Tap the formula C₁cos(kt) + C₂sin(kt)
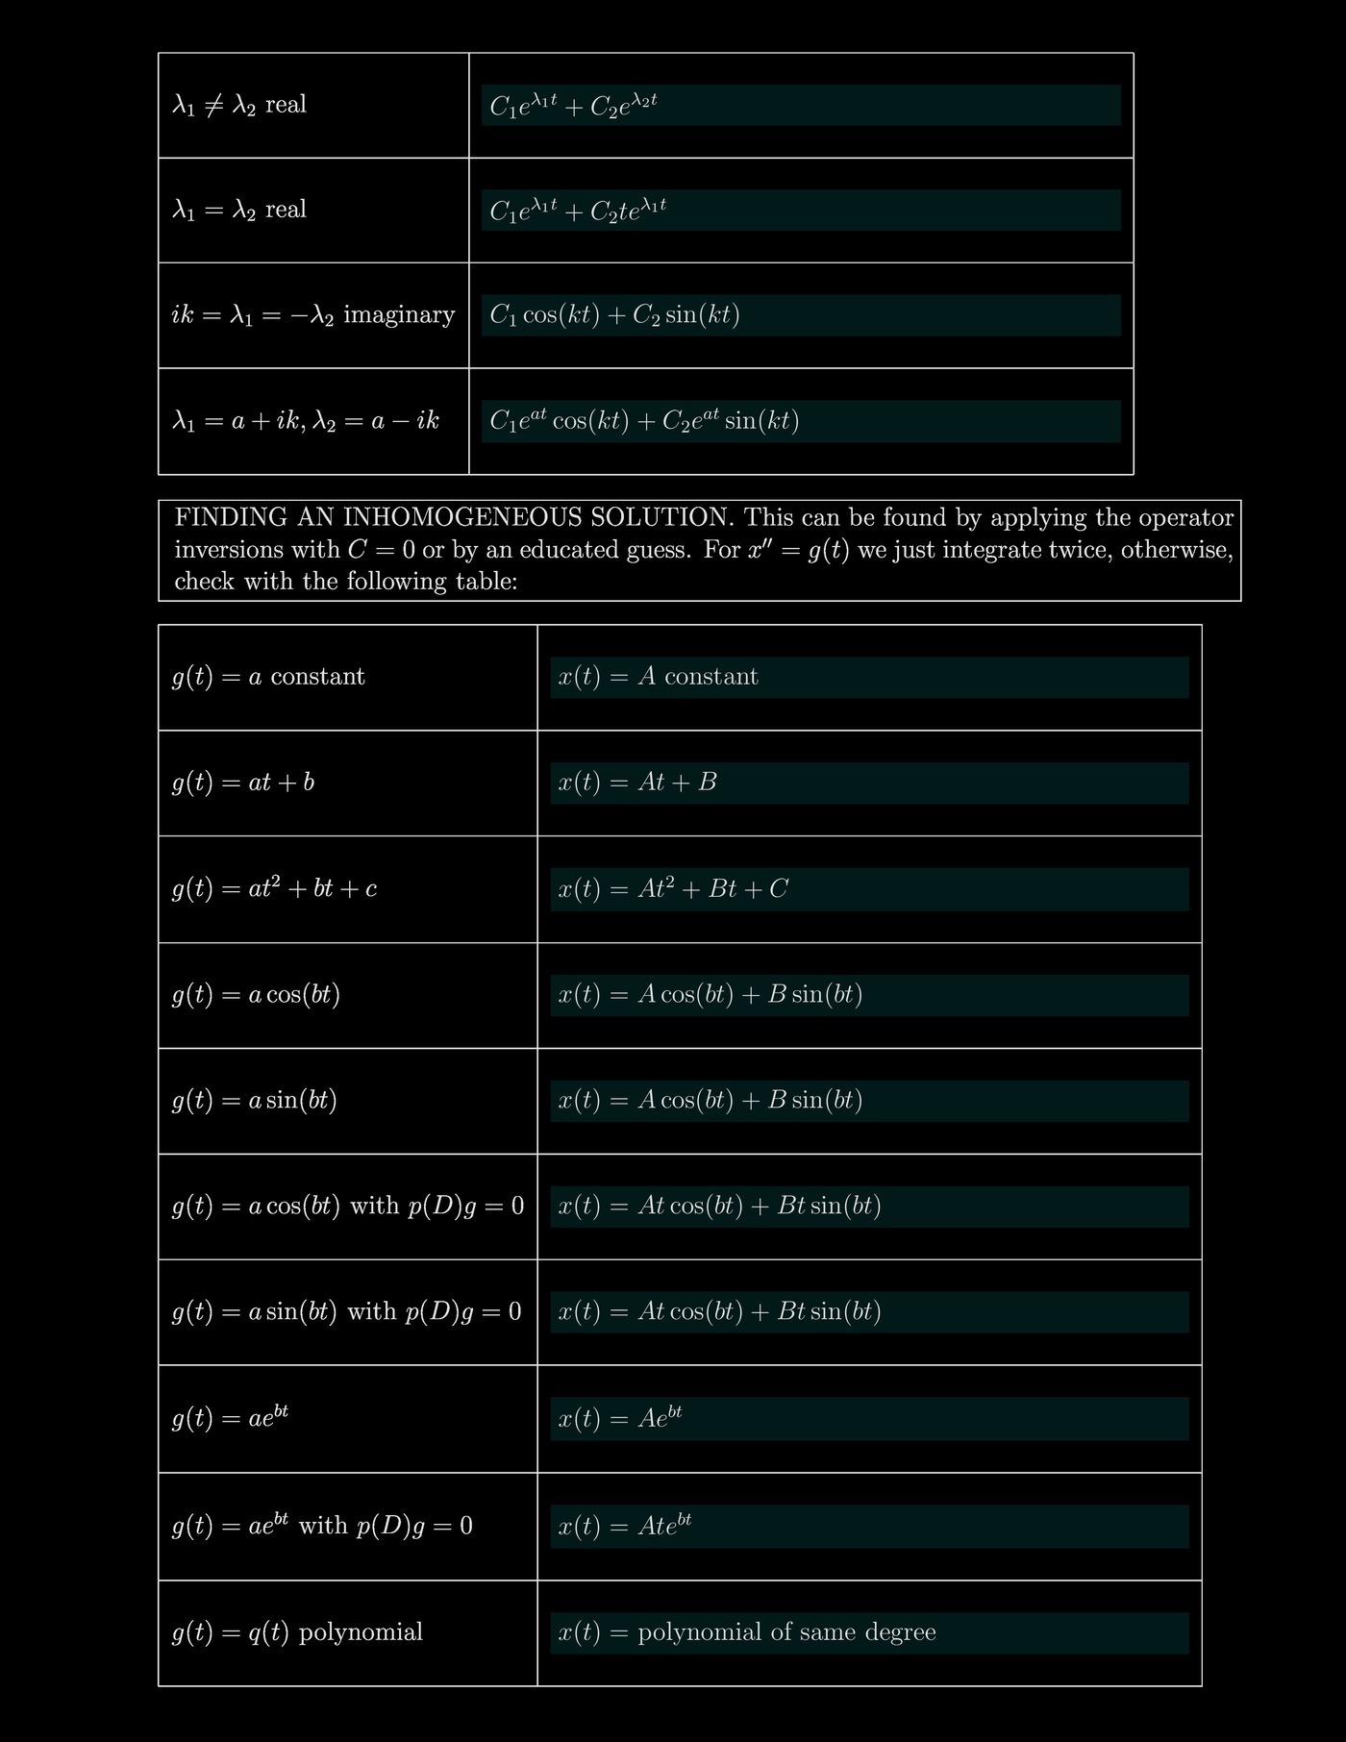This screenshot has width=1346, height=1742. [x=614, y=315]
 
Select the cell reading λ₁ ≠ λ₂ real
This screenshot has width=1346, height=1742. [x=239, y=105]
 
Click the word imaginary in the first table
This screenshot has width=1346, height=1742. [x=399, y=315]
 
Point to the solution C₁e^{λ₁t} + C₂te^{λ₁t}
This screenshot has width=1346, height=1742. [x=578, y=210]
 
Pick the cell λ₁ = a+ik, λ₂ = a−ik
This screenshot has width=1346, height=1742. [x=306, y=421]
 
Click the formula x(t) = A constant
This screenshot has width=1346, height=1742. [x=658, y=677]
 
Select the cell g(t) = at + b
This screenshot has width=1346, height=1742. [x=243, y=783]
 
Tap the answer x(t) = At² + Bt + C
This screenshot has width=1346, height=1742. [x=673, y=888]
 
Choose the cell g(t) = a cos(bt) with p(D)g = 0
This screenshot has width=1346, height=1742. [x=348, y=1207]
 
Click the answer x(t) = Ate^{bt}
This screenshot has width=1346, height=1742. [x=625, y=1526]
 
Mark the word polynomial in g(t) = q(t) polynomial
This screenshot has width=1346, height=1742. [x=361, y=1632]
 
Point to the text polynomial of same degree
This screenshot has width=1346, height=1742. [x=786, y=1632]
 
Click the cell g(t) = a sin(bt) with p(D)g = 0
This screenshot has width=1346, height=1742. [x=346, y=1312]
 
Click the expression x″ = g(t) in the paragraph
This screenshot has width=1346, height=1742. [x=799, y=550]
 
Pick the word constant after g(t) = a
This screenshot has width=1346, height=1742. [x=318, y=677]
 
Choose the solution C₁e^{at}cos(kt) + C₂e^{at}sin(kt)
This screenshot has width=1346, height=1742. [x=644, y=421]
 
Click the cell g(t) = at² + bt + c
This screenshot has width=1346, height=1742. [x=274, y=888]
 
